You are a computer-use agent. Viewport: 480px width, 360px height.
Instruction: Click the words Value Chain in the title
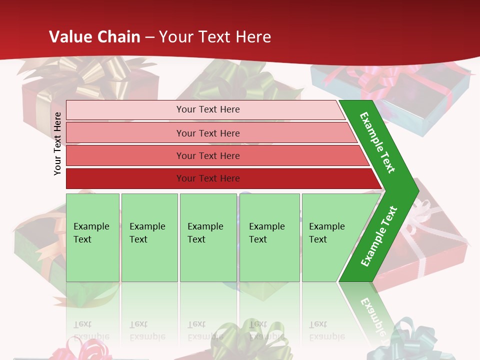tap(94, 37)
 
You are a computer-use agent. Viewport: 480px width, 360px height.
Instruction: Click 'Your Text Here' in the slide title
tap(215, 37)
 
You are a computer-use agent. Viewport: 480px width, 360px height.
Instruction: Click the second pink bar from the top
tap(207, 133)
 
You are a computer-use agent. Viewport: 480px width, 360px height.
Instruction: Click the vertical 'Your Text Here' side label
tap(57, 143)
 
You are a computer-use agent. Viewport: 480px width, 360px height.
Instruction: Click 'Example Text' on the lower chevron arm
tap(379, 236)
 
